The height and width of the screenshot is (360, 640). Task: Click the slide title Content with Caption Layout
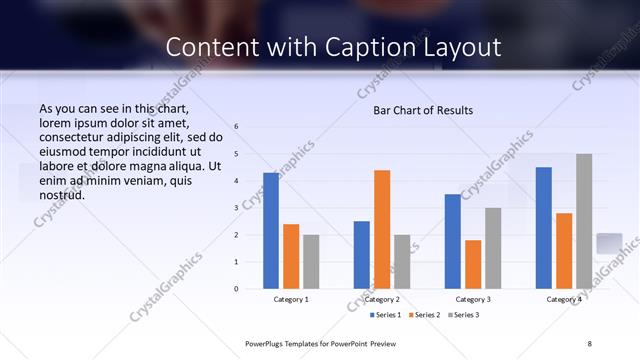[x=333, y=47]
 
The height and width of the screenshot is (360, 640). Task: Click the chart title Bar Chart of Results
[x=423, y=110]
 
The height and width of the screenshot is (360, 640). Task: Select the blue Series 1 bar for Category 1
[x=271, y=231]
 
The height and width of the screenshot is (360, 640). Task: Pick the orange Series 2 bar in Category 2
[x=381, y=229]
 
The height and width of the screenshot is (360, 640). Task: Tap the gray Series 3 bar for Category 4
[x=584, y=221]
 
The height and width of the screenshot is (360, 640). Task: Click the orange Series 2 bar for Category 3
[x=473, y=264]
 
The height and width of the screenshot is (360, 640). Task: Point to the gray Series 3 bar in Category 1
[x=311, y=261]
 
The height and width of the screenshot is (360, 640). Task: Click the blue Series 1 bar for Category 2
[x=361, y=255]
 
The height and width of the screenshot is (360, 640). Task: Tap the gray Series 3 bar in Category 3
[x=493, y=248]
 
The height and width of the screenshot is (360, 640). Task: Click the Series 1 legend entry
[x=386, y=315]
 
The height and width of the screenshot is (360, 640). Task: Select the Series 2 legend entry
[x=424, y=315]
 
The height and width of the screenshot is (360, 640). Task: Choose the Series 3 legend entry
[x=463, y=315]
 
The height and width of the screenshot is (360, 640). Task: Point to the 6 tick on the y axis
[x=237, y=127]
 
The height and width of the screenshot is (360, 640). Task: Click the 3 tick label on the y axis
[x=237, y=208]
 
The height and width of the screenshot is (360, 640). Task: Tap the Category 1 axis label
[x=291, y=299]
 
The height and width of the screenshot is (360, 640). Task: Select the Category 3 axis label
[x=473, y=299]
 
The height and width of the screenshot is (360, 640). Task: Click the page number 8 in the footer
[x=589, y=343]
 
